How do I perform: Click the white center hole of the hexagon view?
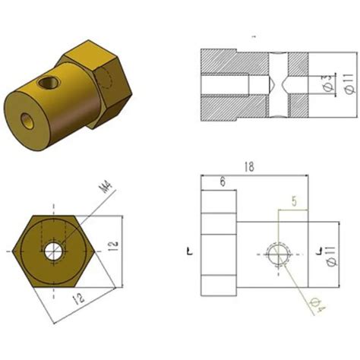pos(54,251)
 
